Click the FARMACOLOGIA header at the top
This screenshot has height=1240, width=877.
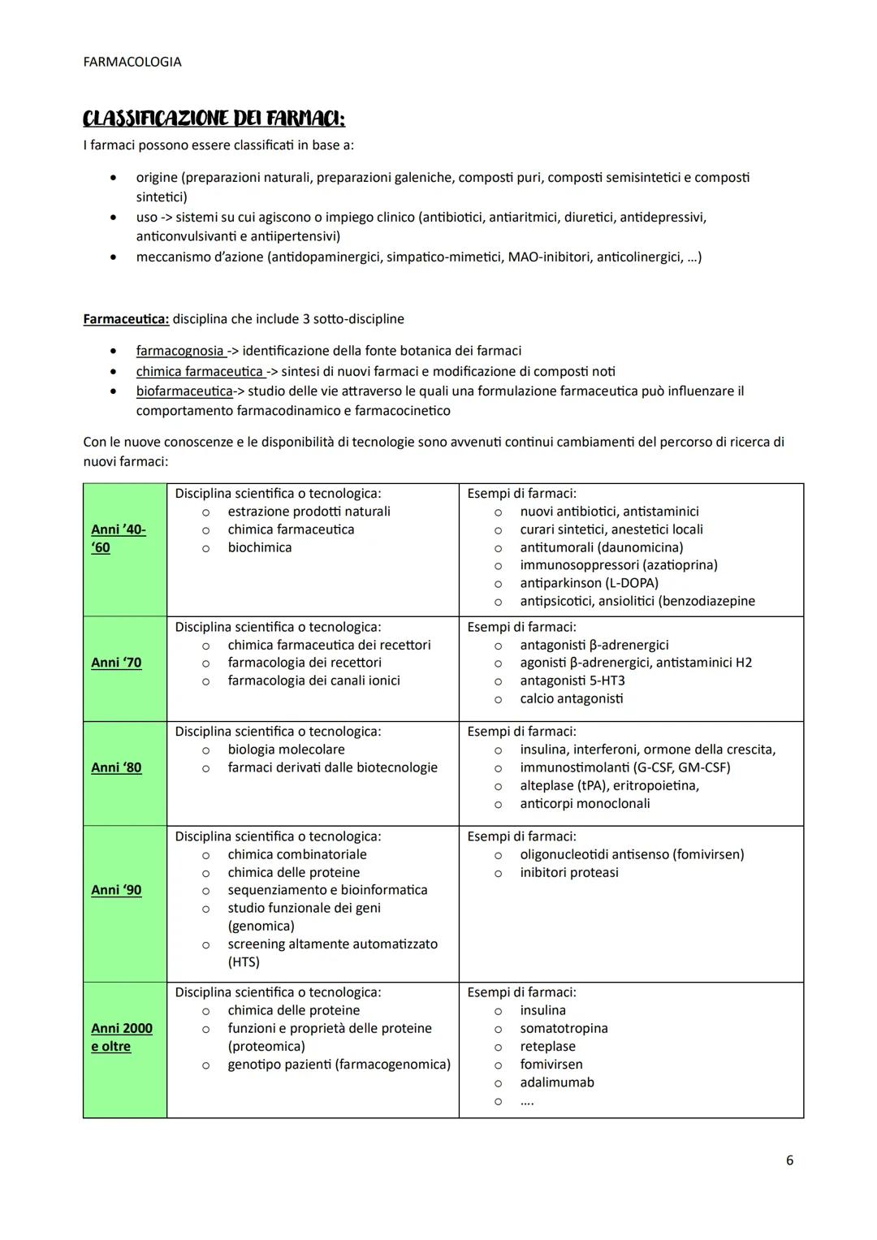[132, 62]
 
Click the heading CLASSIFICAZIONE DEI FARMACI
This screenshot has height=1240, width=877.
[214, 119]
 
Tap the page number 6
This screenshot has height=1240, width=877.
[789, 1160]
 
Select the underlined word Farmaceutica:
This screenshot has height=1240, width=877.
[126, 318]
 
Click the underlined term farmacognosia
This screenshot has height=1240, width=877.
[180, 351]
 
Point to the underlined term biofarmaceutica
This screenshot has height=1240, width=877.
[184, 391]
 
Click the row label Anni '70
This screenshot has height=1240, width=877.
[116, 663]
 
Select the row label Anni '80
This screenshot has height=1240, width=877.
[116, 767]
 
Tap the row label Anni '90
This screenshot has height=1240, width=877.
[116, 890]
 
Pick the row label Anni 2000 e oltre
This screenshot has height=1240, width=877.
[121, 1037]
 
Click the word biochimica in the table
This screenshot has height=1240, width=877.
[260, 547]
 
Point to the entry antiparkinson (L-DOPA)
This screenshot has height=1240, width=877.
[589, 583]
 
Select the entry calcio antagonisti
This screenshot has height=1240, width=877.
[572, 698]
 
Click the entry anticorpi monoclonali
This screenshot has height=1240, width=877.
[585, 803]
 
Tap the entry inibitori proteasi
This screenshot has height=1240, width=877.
[569, 872]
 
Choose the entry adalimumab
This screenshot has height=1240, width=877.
[557, 1082]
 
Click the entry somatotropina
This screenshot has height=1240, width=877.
[564, 1028]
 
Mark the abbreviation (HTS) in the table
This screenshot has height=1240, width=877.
[244, 962]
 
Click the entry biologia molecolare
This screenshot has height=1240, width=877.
[286, 750]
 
